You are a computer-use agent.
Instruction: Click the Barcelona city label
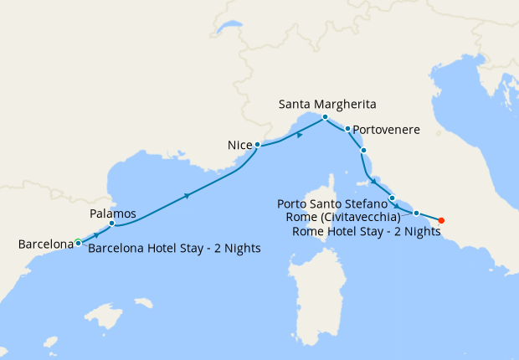(x=46, y=244)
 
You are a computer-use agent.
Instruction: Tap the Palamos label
(x=112, y=214)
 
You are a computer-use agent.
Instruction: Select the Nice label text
(x=240, y=146)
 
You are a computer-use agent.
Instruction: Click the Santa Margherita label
(x=327, y=105)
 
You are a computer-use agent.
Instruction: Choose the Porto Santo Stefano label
(x=332, y=203)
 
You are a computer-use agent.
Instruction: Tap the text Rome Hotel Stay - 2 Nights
(x=367, y=232)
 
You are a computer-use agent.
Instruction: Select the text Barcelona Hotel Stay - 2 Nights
(x=174, y=248)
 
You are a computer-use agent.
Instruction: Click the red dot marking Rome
(x=441, y=221)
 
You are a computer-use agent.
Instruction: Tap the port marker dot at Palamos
(x=112, y=224)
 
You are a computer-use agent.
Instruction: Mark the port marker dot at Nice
(x=258, y=145)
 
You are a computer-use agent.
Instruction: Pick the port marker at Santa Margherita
(x=326, y=116)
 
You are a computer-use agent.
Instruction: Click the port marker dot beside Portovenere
(x=347, y=129)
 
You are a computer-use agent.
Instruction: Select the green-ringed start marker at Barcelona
(x=78, y=243)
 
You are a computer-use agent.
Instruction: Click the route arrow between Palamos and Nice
(x=186, y=196)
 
